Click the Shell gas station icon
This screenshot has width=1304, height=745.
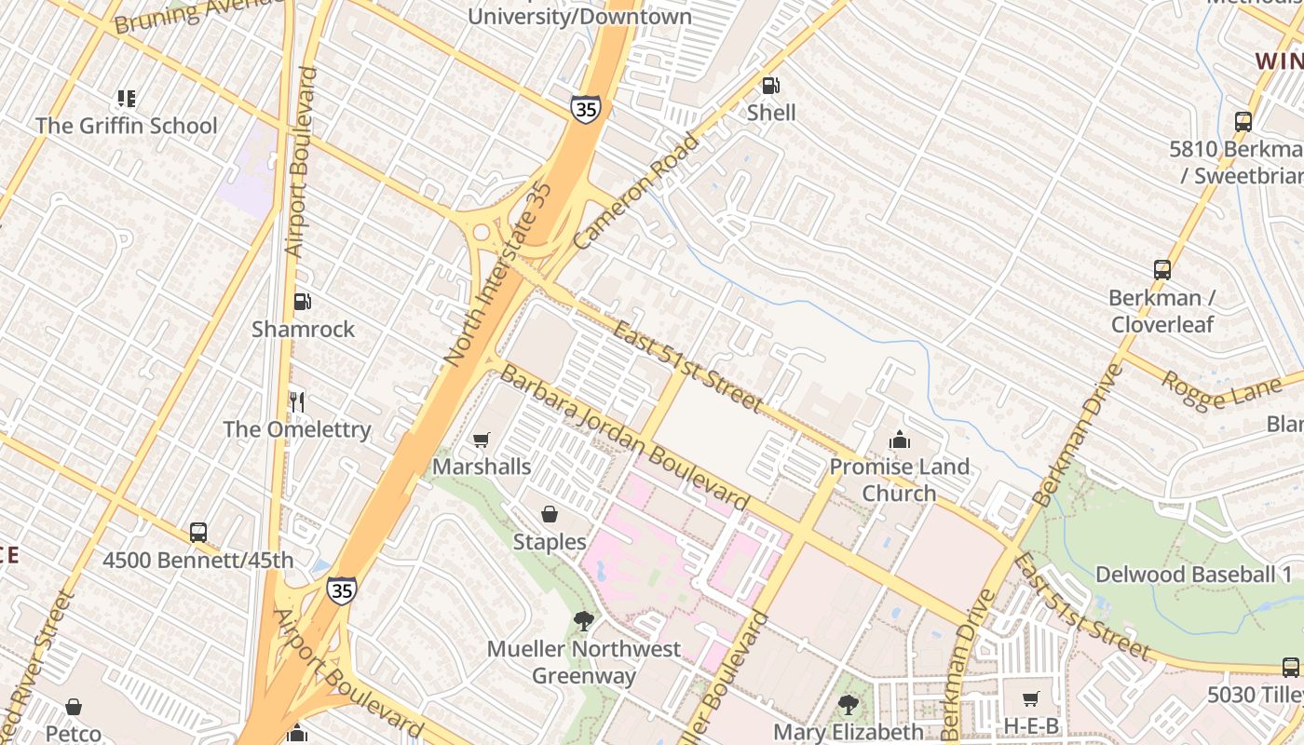click(771, 86)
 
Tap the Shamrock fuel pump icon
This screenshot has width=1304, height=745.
click(302, 302)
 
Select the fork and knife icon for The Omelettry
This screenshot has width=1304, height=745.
click(297, 402)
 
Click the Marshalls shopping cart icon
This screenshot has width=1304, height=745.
click(482, 440)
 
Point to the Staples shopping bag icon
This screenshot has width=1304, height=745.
click(550, 514)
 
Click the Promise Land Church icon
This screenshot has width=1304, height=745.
click(900, 440)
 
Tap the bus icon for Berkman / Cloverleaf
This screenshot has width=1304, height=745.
click(1161, 270)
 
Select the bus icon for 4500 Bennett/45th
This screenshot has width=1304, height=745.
click(198, 533)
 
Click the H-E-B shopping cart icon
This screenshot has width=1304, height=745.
click(1030, 698)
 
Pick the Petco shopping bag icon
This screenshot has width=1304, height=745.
click(74, 708)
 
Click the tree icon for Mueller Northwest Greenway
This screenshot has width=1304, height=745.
click(584, 620)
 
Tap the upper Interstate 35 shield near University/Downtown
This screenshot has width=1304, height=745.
click(586, 108)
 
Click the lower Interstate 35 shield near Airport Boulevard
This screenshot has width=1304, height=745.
click(341, 590)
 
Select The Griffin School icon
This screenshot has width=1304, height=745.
click(127, 99)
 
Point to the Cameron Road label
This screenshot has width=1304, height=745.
click(635, 193)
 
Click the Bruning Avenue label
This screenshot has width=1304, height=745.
click(197, 14)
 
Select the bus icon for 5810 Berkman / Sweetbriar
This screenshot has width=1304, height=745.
click(1243, 121)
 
